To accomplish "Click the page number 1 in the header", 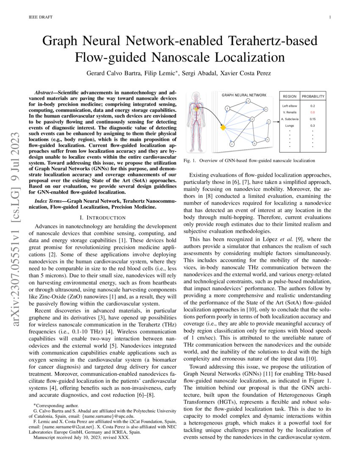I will click(329, 17).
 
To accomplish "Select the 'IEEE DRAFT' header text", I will click(39, 17).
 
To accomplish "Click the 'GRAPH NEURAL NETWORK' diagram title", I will click(245, 95).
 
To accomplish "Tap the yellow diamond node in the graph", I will click(222, 127).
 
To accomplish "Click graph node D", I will click(252, 120).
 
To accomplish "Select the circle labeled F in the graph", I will click(232, 144).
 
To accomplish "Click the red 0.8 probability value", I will click(313, 112).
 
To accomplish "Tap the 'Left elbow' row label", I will click(290, 105).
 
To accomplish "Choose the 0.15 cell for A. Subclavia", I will click(313, 119).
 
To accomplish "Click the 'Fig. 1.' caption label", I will click(189, 161).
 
